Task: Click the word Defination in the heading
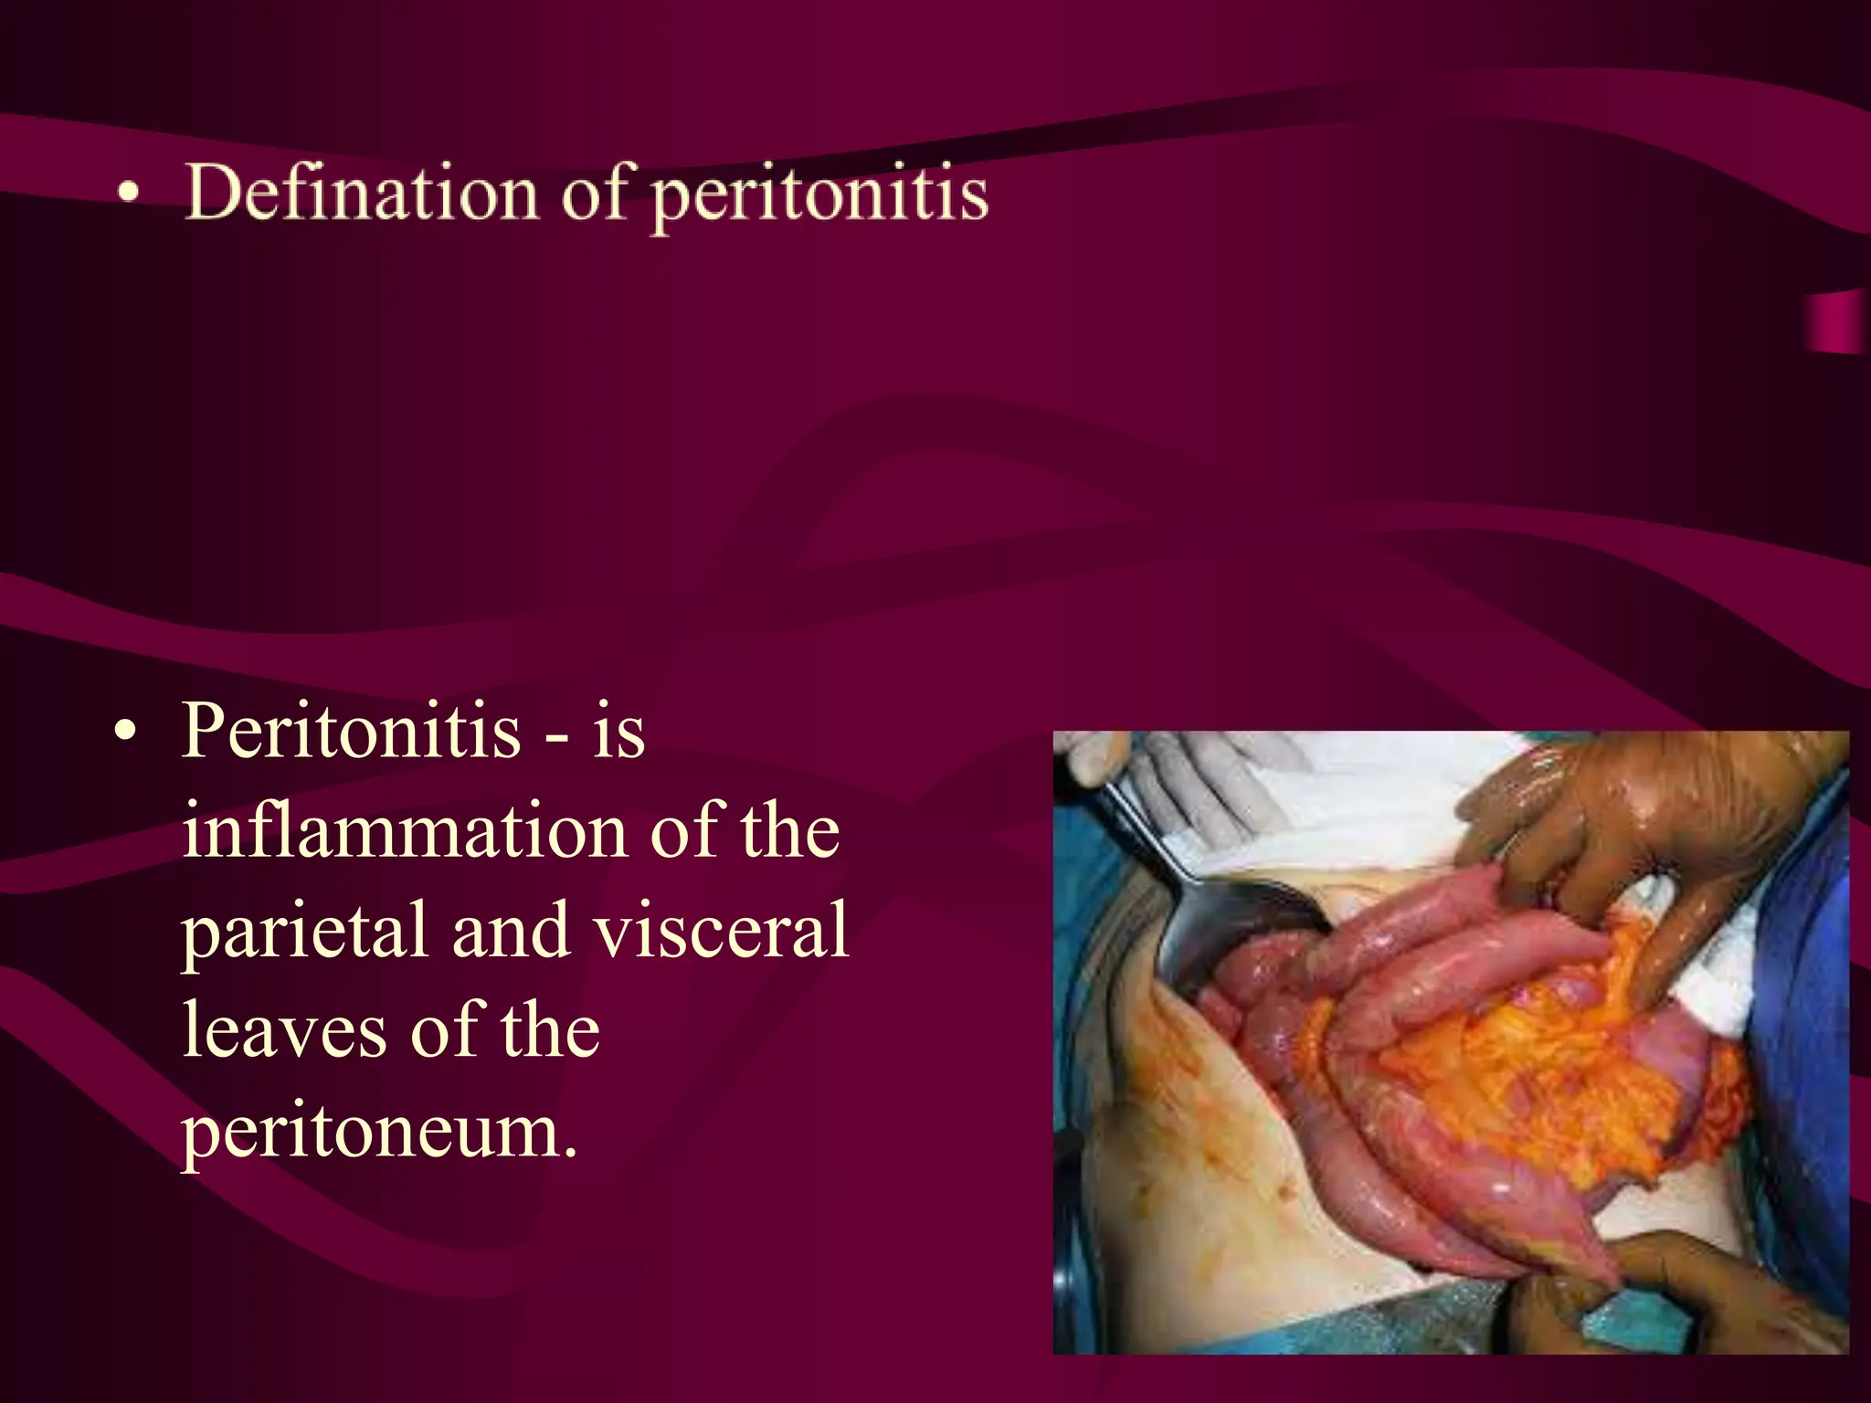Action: coord(361,194)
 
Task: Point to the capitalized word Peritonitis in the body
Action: coord(351,733)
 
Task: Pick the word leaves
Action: coord(284,1030)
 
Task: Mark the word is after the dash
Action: coord(618,733)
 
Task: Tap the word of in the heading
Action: coord(594,194)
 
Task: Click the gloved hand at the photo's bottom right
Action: coord(1690,1297)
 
